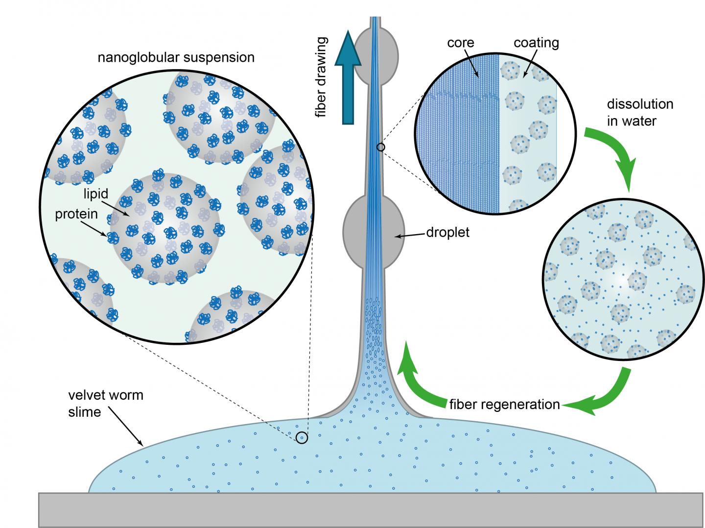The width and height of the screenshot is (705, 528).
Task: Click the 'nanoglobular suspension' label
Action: (176, 57)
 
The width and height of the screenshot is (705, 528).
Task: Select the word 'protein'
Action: (76, 215)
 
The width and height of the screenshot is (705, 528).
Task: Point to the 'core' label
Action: (461, 43)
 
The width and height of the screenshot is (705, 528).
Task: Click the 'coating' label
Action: (536, 43)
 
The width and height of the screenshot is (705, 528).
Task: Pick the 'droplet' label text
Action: (447, 232)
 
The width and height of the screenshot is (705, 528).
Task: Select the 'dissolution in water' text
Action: (640, 112)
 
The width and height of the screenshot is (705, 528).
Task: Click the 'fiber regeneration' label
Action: (504, 405)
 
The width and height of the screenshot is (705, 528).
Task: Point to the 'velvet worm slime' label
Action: (106, 403)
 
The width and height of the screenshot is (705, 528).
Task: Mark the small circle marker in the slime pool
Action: (302, 437)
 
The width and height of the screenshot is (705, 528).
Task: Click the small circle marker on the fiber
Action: (381, 146)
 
